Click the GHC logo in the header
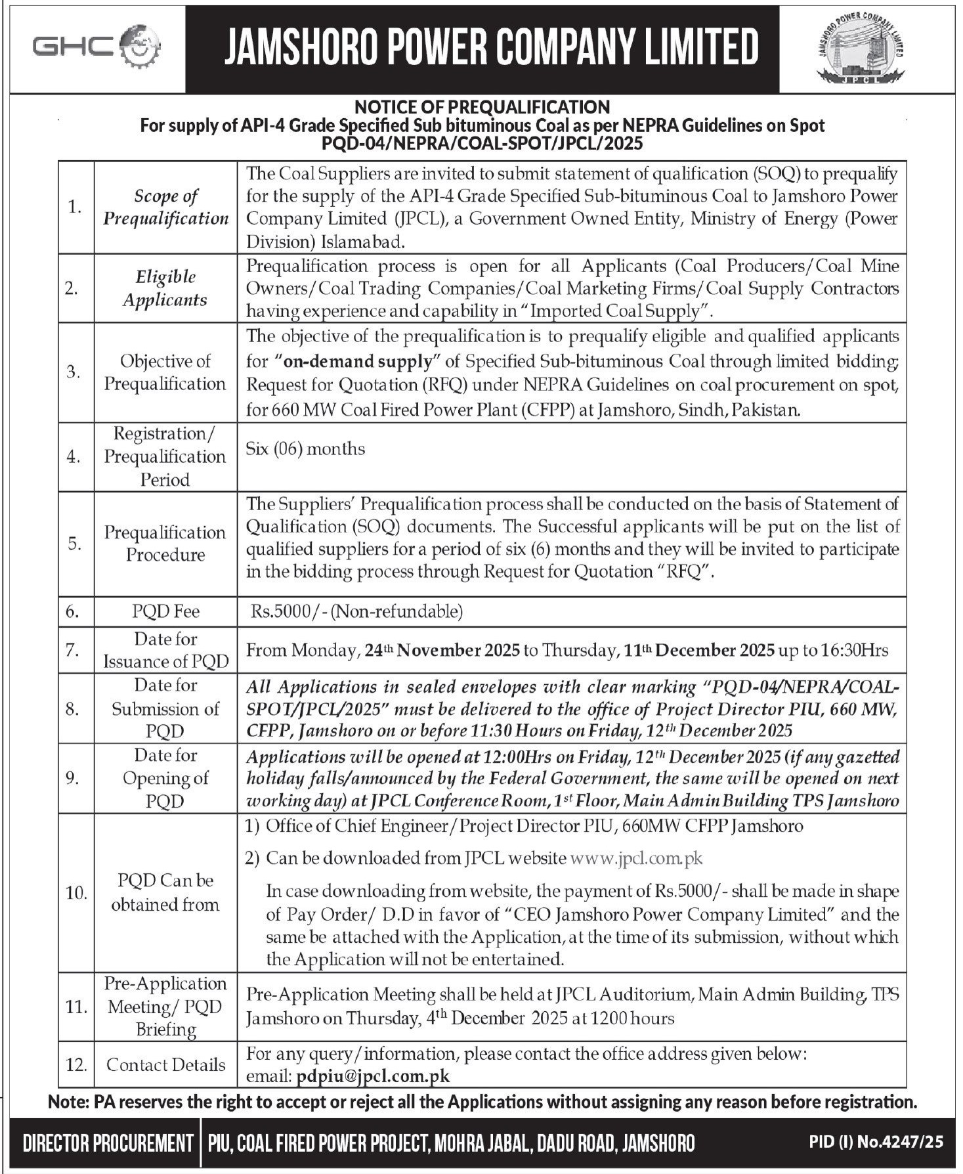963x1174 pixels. (x=96, y=48)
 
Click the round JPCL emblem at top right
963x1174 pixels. (x=860, y=49)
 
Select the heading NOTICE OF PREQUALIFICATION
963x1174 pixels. (x=482, y=106)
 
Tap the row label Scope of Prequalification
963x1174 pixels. (x=165, y=207)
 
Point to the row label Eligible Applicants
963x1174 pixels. (x=165, y=288)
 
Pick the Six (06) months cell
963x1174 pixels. (x=305, y=449)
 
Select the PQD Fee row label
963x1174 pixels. (x=165, y=611)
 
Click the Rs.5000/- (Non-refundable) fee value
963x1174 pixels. (x=356, y=611)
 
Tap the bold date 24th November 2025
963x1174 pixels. (x=443, y=650)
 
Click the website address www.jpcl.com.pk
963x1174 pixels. (x=637, y=858)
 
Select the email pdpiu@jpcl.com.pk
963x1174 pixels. (x=373, y=1076)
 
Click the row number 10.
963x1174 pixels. (x=75, y=893)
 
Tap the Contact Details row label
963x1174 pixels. (x=165, y=1064)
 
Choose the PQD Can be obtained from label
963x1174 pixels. (x=165, y=892)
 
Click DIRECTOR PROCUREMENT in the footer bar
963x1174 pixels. (x=107, y=1143)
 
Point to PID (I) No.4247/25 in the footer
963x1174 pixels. (x=876, y=1142)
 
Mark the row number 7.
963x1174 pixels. (x=73, y=650)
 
